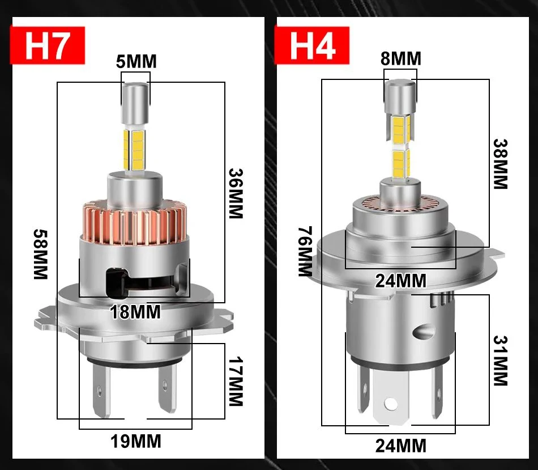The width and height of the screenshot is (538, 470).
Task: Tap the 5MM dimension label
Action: [x=136, y=61]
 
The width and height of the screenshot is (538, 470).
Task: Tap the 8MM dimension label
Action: [x=400, y=58]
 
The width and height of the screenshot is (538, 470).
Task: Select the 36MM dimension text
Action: [x=235, y=193]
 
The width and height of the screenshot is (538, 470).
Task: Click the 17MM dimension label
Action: [x=234, y=381]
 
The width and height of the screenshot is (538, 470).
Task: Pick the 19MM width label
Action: [x=135, y=441]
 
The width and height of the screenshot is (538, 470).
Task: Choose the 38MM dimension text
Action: [x=500, y=164]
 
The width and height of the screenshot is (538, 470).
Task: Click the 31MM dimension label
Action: [x=500, y=361]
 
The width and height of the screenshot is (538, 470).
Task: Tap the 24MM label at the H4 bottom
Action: [x=401, y=446]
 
